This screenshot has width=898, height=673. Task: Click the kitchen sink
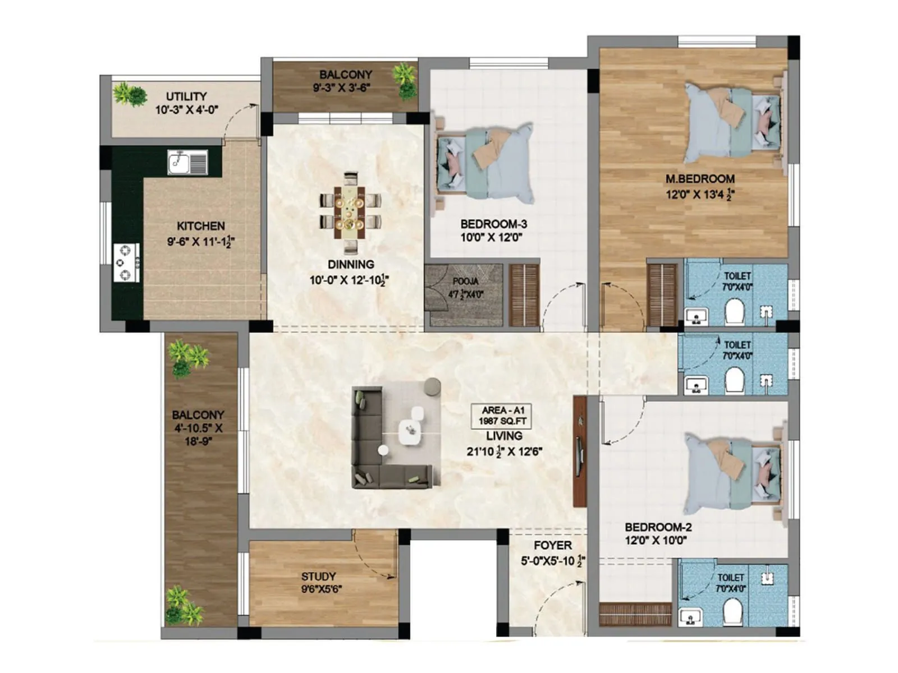[x=187, y=163]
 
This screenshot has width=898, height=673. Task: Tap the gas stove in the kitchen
[x=126, y=262]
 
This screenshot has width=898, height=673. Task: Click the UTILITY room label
[x=186, y=96]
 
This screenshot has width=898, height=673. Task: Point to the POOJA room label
[x=465, y=282]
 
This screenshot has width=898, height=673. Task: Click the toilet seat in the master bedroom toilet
[x=734, y=312]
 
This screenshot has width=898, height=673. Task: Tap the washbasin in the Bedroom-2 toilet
[x=690, y=617]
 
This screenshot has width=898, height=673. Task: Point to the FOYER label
[x=552, y=546]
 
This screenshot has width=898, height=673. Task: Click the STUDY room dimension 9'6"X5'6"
[x=321, y=589]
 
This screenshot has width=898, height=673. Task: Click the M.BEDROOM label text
[x=700, y=179]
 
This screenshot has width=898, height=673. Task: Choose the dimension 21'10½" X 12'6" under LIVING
[x=503, y=451]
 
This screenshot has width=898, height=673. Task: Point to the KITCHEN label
[x=200, y=226]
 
